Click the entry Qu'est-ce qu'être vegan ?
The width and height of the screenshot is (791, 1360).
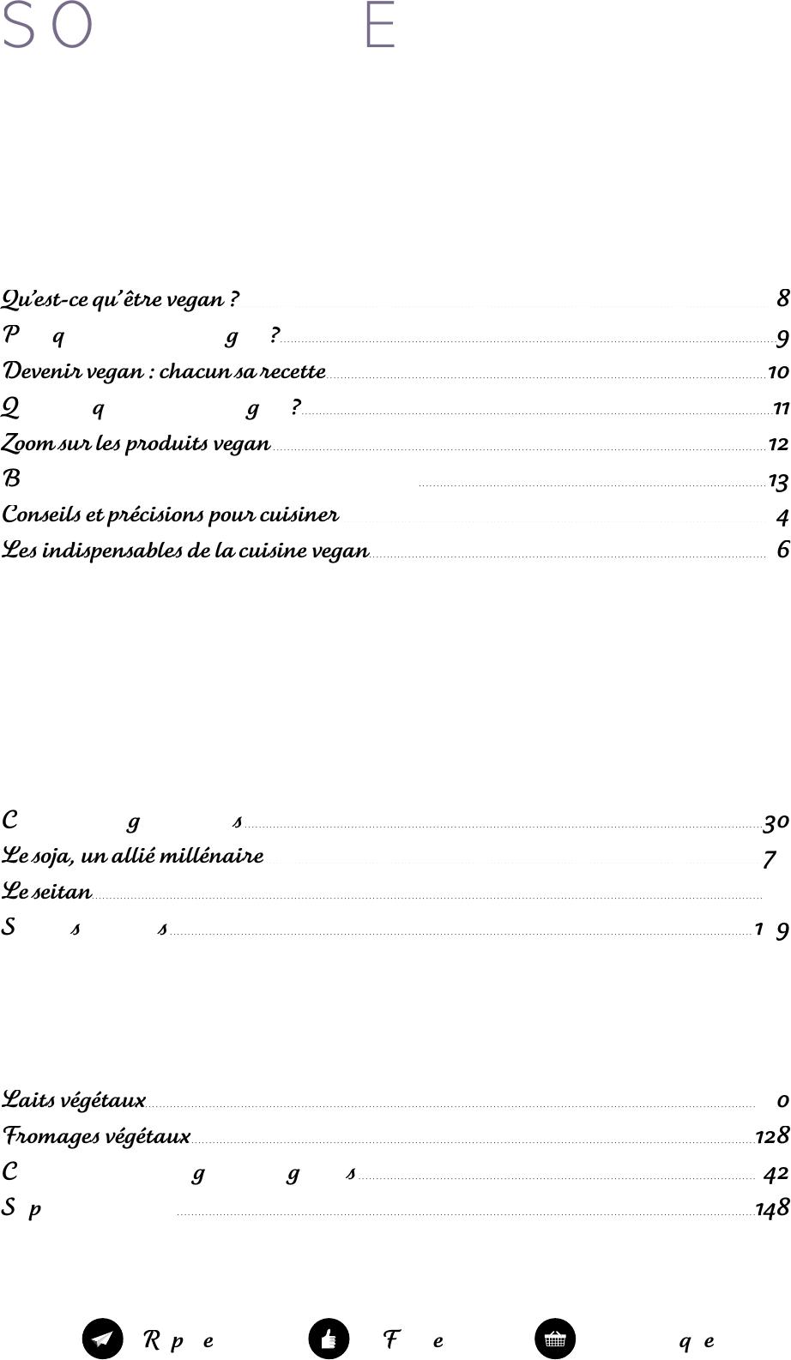[120, 300]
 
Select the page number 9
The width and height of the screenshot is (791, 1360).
[782, 340]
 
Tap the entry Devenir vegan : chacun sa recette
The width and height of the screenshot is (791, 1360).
[164, 372]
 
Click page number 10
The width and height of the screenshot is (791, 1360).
[778, 373]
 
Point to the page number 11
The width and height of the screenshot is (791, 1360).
[781, 408]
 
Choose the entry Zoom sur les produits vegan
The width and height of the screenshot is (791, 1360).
[136, 444]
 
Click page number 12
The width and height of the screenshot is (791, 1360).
[778, 444]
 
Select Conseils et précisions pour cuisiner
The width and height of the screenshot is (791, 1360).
[170, 515]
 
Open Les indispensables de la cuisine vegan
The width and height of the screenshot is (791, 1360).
[185, 551]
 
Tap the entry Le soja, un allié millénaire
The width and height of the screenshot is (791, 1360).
[132, 856]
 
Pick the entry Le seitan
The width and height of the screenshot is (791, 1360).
[46, 892]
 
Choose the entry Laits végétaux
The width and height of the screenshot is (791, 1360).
[74, 1099]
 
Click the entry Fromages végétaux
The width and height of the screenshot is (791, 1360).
[96, 1136]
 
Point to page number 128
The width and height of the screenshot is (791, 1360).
[772, 1136]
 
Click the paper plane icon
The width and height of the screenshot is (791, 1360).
[103, 1339]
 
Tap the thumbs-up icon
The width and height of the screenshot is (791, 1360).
[329, 1339]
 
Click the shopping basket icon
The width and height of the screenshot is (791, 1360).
[555, 1339]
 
